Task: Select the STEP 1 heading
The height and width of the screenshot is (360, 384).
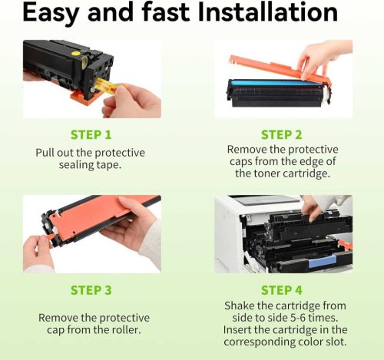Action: tap(91, 135)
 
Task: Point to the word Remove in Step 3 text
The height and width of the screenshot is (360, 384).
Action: tap(59, 317)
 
